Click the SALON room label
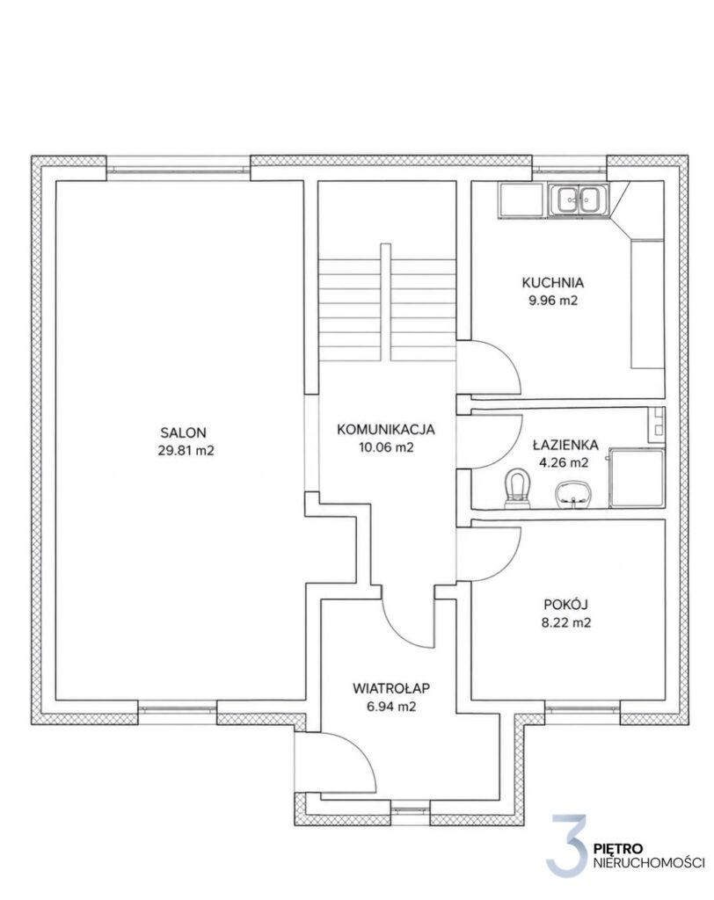point(183,432)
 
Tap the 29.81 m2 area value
point(186,451)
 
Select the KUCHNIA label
point(552,282)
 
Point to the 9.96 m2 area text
point(552,301)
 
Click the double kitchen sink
point(579,200)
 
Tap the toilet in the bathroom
point(517,489)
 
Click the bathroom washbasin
point(573,495)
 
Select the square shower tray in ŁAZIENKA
point(637,478)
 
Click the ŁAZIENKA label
point(565,445)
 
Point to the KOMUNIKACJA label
point(386,429)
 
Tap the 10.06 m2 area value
point(386,447)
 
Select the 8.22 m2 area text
point(565,622)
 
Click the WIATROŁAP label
point(391,687)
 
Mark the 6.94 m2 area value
point(391,707)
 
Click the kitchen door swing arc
point(506,357)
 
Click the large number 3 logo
point(567,847)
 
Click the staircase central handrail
point(385,302)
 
